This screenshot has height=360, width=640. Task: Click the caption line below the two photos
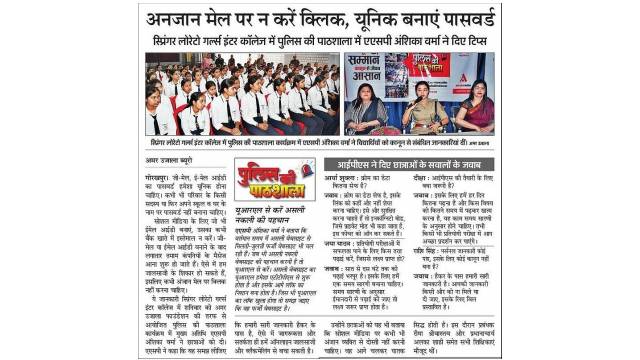tap(320, 143)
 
